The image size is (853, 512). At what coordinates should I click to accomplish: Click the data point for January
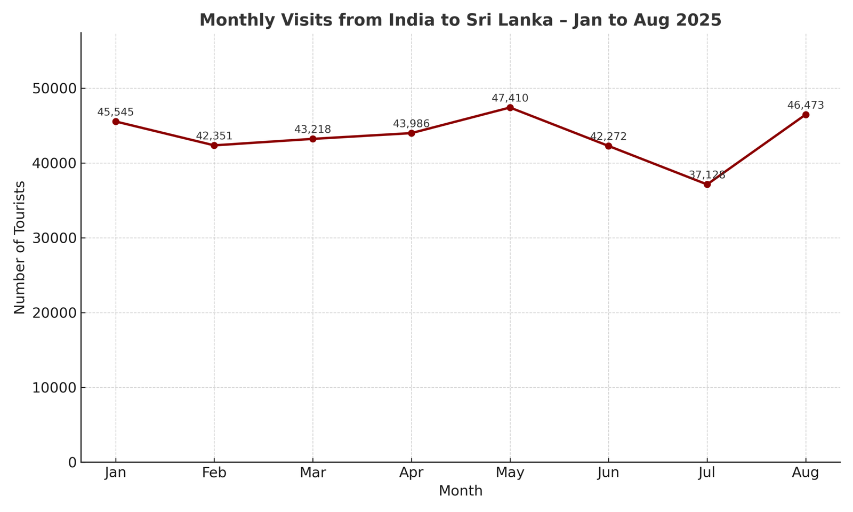116,122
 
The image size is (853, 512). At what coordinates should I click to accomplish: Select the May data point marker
510,108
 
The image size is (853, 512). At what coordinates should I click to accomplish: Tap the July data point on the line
707,185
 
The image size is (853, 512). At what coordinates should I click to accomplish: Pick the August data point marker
806,115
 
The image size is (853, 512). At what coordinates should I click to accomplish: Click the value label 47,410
510,99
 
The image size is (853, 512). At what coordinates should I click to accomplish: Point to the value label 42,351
214,136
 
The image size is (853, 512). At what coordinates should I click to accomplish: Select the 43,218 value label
313,130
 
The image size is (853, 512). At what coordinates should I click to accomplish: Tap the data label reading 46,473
806,106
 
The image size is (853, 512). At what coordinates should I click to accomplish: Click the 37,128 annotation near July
707,175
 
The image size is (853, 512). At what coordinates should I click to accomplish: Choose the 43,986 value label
411,124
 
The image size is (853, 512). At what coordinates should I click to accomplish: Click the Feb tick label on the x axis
214,473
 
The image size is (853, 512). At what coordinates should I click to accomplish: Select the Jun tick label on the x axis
608,473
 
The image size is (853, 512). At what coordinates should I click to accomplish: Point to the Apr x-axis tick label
411,473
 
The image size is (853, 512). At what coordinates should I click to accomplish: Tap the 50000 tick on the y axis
54,89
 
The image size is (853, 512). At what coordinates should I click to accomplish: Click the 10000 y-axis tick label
54,388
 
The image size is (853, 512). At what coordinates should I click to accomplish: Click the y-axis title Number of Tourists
20,247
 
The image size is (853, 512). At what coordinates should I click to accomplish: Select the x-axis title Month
461,491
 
